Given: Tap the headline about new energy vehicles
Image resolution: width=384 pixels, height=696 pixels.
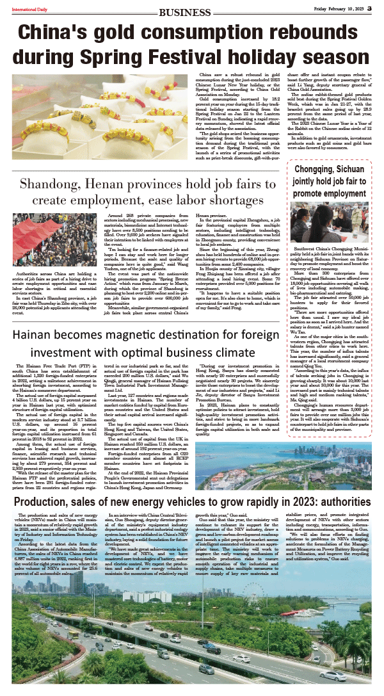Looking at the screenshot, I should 192,483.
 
